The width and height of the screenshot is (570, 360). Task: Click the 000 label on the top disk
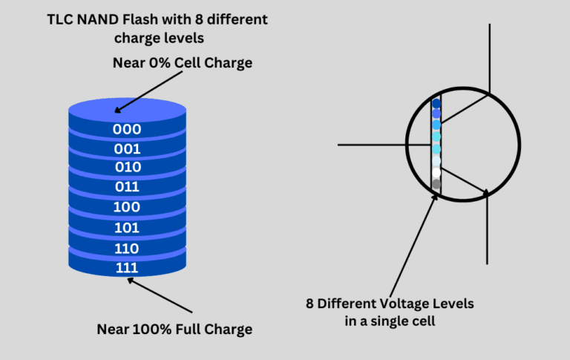[127, 128]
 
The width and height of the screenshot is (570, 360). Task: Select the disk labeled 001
[127, 148]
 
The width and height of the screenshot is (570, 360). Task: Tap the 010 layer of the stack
[127, 167]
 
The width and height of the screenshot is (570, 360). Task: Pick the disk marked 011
[127, 187]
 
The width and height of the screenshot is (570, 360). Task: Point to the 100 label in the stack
[127, 207]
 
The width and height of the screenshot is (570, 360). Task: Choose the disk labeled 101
[127, 227]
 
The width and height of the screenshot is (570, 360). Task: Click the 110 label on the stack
[127, 248]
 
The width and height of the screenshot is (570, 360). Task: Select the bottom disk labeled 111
[127, 267]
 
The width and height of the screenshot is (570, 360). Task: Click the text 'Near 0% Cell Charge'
[183, 63]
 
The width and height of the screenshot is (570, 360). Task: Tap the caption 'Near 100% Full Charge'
[174, 329]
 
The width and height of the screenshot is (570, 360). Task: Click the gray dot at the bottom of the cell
[436, 184]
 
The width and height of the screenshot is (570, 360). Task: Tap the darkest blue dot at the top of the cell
[436, 104]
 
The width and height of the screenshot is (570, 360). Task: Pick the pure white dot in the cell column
[436, 172]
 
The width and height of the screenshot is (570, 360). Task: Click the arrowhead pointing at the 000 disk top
[119, 111]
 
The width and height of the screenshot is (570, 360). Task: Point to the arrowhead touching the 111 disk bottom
[131, 280]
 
